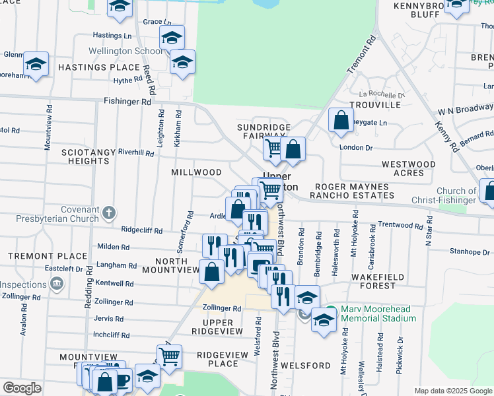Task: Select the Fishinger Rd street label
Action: coord(127,102)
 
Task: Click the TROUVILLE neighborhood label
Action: coord(375,105)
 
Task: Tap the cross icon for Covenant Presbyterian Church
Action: coord(110,213)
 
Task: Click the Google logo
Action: coord(22,388)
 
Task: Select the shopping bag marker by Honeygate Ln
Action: coord(340,120)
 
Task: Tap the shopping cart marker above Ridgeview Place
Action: coord(169,356)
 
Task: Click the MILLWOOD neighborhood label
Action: coord(197,172)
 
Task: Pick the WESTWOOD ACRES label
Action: coord(409,168)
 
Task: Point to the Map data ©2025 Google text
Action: coord(452,391)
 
